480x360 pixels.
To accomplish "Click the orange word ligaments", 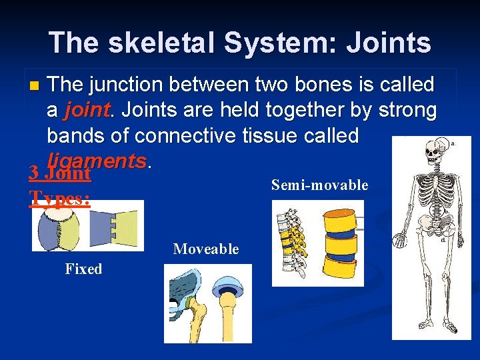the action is pyautogui.click(x=97, y=160).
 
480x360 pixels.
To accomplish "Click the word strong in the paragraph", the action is pyautogui.click(x=407, y=111).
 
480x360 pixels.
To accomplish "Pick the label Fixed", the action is pyautogui.click(x=83, y=269).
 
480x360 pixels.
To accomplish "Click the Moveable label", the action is pyautogui.click(x=205, y=249).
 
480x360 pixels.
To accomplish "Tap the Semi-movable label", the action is pyautogui.click(x=319, y=185).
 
